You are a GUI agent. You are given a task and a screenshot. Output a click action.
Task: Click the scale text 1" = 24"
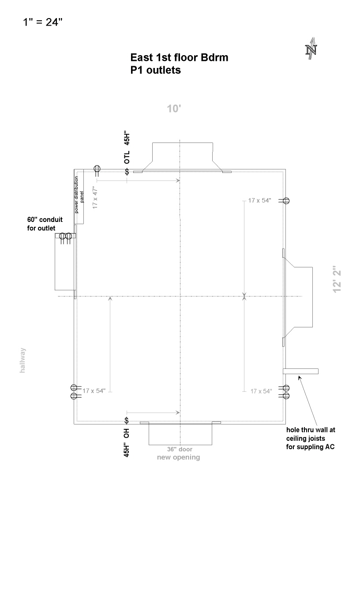point(43,22)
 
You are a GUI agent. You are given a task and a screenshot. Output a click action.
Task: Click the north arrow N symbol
point(311,49)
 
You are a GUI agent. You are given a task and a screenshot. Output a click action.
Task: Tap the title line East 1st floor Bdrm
point(179,57)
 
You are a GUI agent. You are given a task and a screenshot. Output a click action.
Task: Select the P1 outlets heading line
point(156,70)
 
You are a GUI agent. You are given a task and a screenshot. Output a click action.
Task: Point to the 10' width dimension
point(174,109)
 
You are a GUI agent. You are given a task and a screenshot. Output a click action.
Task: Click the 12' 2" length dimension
point(337,279)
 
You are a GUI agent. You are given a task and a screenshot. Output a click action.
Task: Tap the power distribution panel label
point(79,195)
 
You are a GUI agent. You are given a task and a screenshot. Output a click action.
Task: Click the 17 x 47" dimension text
point(95,198)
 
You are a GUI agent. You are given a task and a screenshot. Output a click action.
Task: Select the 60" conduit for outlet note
point(45,224)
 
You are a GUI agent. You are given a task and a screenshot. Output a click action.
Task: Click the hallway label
point(23,360)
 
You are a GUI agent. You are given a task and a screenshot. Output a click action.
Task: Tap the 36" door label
point(180,449)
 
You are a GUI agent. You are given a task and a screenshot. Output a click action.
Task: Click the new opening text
point(178,457)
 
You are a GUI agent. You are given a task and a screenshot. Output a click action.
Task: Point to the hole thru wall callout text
point(311,438)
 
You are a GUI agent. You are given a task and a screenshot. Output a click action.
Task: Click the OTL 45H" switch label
point(127,147)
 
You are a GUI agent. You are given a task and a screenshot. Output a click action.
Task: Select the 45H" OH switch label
point(127,443)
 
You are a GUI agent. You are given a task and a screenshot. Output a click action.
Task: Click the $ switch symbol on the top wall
point(127,172)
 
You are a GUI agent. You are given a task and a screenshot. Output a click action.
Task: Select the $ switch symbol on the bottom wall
point(127,420)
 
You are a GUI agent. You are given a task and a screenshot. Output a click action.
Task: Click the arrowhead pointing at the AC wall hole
point(300,378)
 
